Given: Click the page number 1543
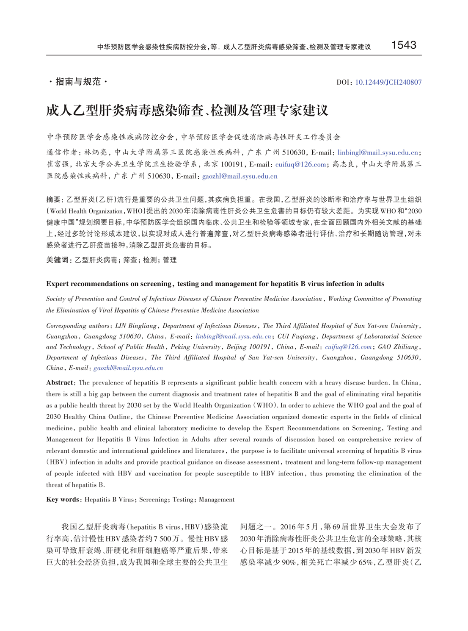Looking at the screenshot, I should pos(404,45).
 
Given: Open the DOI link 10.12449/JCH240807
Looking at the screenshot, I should pos(388,82).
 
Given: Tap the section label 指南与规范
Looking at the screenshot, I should pos(78,81).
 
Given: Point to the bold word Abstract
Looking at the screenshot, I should pos(60,382).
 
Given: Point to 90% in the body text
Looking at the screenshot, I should pos(288,562).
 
